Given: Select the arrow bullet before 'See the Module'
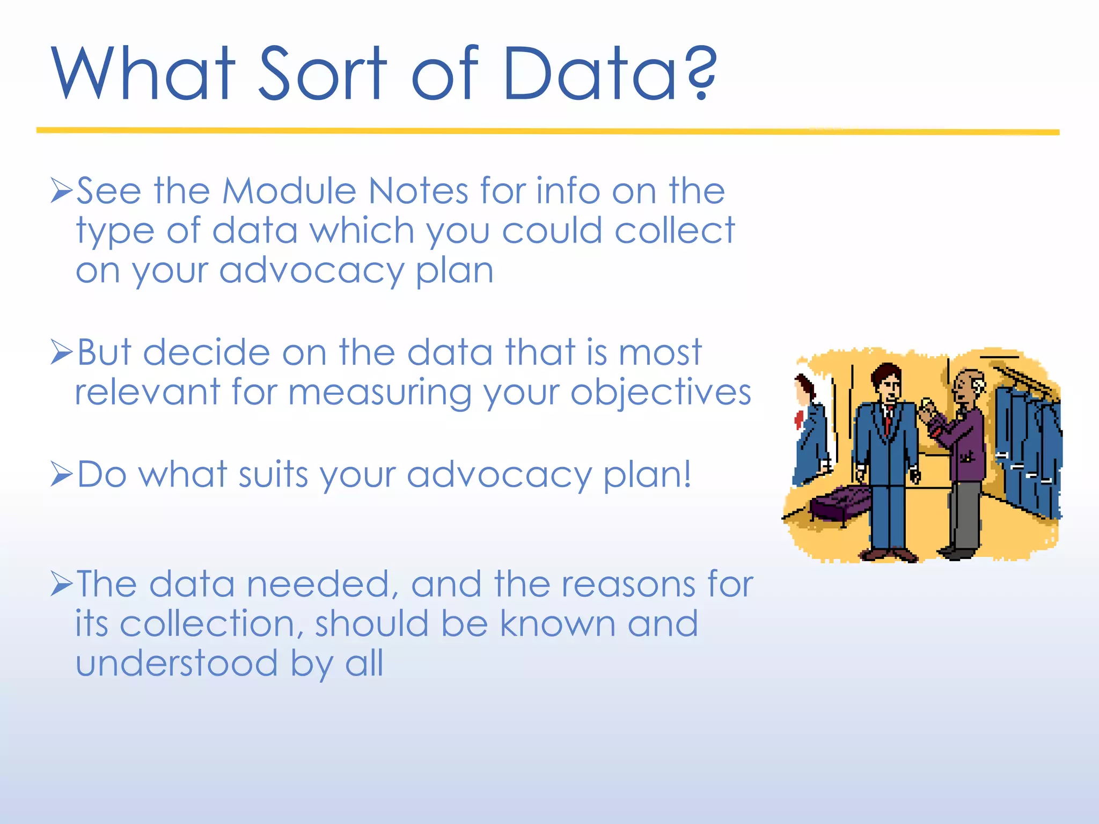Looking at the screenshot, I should click(x=61, y=190).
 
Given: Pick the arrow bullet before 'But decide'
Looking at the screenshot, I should click(x=61, y=352).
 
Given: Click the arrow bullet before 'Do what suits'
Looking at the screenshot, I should click(x=61, y=474).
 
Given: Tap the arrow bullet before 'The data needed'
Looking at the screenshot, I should click(x=61, y=584).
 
